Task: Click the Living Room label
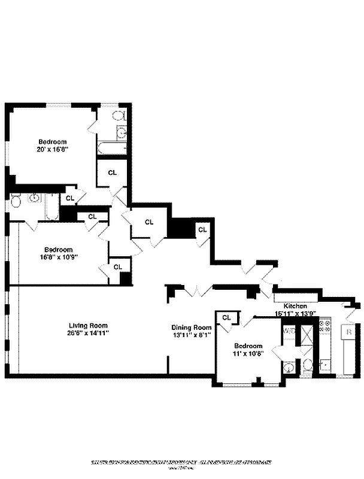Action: tap(87, 325)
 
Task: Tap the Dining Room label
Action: tap(192, 328)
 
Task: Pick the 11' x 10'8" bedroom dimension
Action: tap(248, 354)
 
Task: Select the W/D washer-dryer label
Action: tap(289, 330)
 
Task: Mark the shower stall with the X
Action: tap(308, 333)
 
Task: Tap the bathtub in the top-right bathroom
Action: tap(112, 148)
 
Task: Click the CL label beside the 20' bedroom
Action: tap(113, 172)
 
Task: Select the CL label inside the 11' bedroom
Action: tap(226, 317)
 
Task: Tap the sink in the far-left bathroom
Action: tap(35, 198)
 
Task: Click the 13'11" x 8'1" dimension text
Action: tap(192, 335)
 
